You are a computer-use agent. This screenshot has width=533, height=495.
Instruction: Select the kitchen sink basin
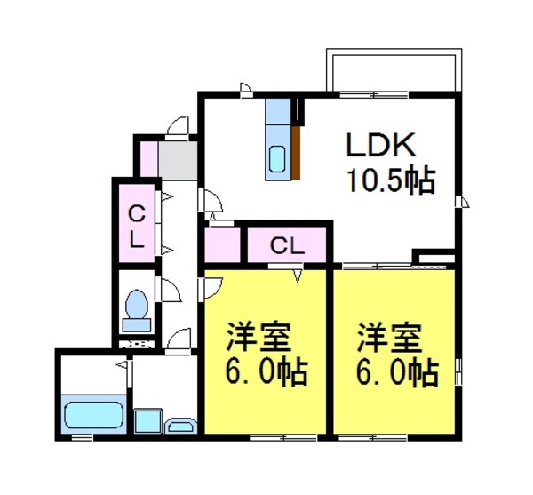point(277,160)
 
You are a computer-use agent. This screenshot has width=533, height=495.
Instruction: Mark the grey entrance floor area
point(179,159)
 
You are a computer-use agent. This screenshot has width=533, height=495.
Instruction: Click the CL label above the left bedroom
point(287,245)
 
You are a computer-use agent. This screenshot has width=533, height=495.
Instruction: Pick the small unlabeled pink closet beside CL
point(221,244)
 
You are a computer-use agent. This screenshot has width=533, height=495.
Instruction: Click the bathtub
point(93,414)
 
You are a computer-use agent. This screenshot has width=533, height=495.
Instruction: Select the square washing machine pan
point(147,420)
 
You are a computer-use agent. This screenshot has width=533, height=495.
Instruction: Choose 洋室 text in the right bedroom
point(387,338)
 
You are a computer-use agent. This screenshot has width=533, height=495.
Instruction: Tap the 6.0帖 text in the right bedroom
point(396,371)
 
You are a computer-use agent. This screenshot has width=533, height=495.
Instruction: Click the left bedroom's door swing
point(211,285)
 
